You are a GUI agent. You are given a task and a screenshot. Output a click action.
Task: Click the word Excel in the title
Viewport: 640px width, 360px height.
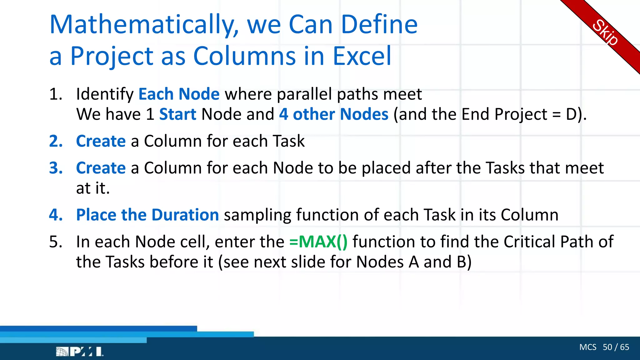(x=362, y=56)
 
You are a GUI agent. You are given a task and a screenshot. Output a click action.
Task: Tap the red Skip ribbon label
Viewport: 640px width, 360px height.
(x=605, y=32)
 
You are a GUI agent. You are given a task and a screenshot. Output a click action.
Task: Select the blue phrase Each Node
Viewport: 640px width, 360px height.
(x=179, y=94)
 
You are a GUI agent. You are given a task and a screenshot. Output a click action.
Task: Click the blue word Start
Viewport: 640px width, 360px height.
(x=177, y=114)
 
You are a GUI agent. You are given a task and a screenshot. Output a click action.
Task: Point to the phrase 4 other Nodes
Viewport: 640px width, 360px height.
(x=333, y=114)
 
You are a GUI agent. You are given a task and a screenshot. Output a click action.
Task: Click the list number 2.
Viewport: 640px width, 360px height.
(x=56, y=141)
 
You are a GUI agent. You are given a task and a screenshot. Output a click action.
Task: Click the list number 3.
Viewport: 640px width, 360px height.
(x=56, y=168)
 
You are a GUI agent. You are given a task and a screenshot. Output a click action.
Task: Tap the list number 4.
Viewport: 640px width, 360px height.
(x=56, y=215)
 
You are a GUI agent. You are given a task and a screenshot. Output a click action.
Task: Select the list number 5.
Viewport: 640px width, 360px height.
(x=56, y=242)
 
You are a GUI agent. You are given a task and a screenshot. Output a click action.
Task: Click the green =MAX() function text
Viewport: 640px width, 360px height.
(x=318, y=242)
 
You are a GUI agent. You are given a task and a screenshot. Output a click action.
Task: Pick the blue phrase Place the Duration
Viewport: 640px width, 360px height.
(x=147, y=215)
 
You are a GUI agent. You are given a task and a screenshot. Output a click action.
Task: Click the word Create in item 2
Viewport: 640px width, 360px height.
(x=101, y=141)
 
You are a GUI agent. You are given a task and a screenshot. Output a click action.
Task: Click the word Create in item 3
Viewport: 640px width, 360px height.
(x=101, y=168)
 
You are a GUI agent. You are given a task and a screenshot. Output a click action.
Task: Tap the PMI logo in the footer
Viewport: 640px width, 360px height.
(x=79, y=352)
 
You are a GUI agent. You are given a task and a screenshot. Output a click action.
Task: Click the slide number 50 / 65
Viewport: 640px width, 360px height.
(x=616, y=347)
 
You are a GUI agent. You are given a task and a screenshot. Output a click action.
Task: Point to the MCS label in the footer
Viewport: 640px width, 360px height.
(x=587, y=347)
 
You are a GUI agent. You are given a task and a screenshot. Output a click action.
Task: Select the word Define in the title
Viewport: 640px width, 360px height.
(x=379, y=25)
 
